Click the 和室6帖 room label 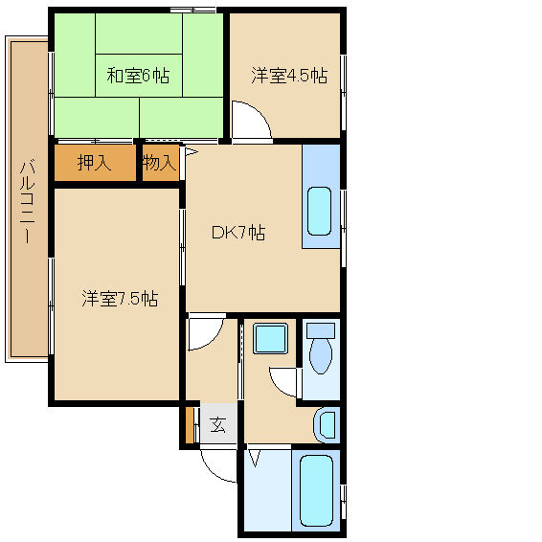(x=138, y=76)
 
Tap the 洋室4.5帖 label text (x=289, y=76)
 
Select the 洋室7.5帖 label (x=120, y=299)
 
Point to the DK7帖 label (x=238, y=233)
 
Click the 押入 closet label (x=94, y=163)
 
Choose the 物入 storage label (x=160, y=162)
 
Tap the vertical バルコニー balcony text (x=27, y=202)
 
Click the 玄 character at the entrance (x=218, y=425)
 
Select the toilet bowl (x=321, y=356)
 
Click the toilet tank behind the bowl (x=321, y=330)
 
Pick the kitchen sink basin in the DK (x=320, y=212)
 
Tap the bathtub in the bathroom (x=316, y=491)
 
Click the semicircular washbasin (x=327, y=425)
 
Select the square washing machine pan (x=270, y=339)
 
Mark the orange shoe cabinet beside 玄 (x=190, y=425)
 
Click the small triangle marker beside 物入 (x=192, y=152)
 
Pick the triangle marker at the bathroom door (x=255, y=458)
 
